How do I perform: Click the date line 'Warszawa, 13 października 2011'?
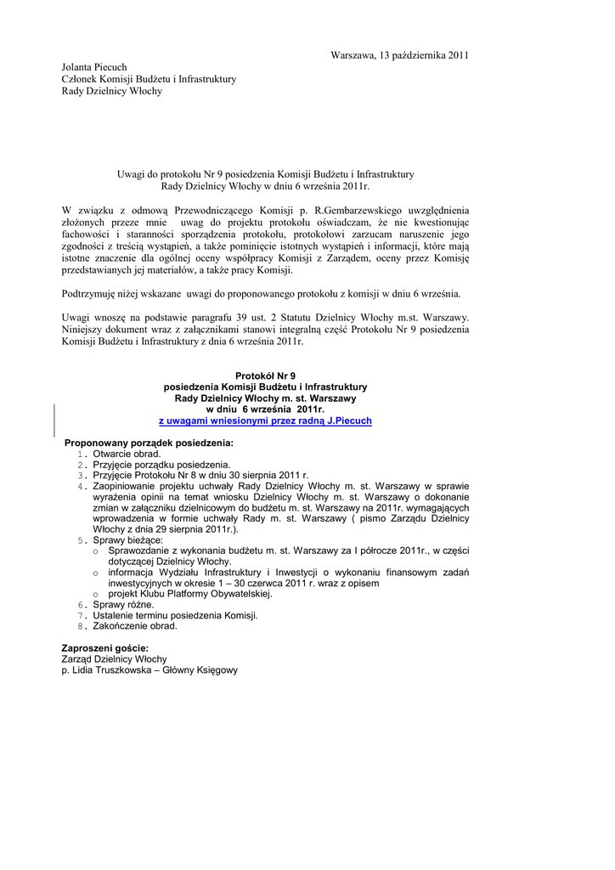(x=399, y=55)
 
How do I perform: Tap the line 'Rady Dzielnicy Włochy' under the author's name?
(x=111, y=91)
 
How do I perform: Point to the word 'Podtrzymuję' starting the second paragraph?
(x=91, y=294)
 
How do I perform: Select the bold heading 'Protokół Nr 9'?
(x=265, y=375)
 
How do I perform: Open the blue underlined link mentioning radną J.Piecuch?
(x=265, y=421)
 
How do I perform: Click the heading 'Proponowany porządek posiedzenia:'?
(x=149, y=443)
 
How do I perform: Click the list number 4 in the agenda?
(x=82, y=487)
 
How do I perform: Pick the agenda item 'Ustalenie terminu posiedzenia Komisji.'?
(x=175, y=615)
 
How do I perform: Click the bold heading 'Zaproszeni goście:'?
(x=105, y=648)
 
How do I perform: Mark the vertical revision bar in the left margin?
(x=55, y=420)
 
